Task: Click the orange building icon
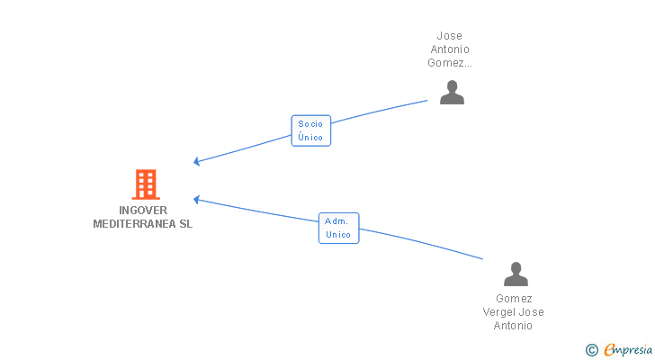point(146,184)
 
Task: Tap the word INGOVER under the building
point(143,210)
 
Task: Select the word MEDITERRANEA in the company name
point(134,224)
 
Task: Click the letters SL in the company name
point(186,224)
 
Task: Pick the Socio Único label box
point(310,130)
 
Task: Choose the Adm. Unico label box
point(338,228)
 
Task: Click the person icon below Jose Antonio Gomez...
point(452,93)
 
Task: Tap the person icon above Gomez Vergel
point(516,274)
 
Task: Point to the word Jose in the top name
point(450,36)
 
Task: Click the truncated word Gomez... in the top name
point(450,63)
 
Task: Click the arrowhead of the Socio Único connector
point(196,161)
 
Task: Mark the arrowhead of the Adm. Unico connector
point(196,200)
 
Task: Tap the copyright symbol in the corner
point(591,350)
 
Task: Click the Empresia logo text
point(628,350)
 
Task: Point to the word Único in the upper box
point(310,138)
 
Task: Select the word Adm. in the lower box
point(336,221)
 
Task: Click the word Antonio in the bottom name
point(513,326)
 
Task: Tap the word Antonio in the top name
point(450,49)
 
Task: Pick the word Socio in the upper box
point(310,124)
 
